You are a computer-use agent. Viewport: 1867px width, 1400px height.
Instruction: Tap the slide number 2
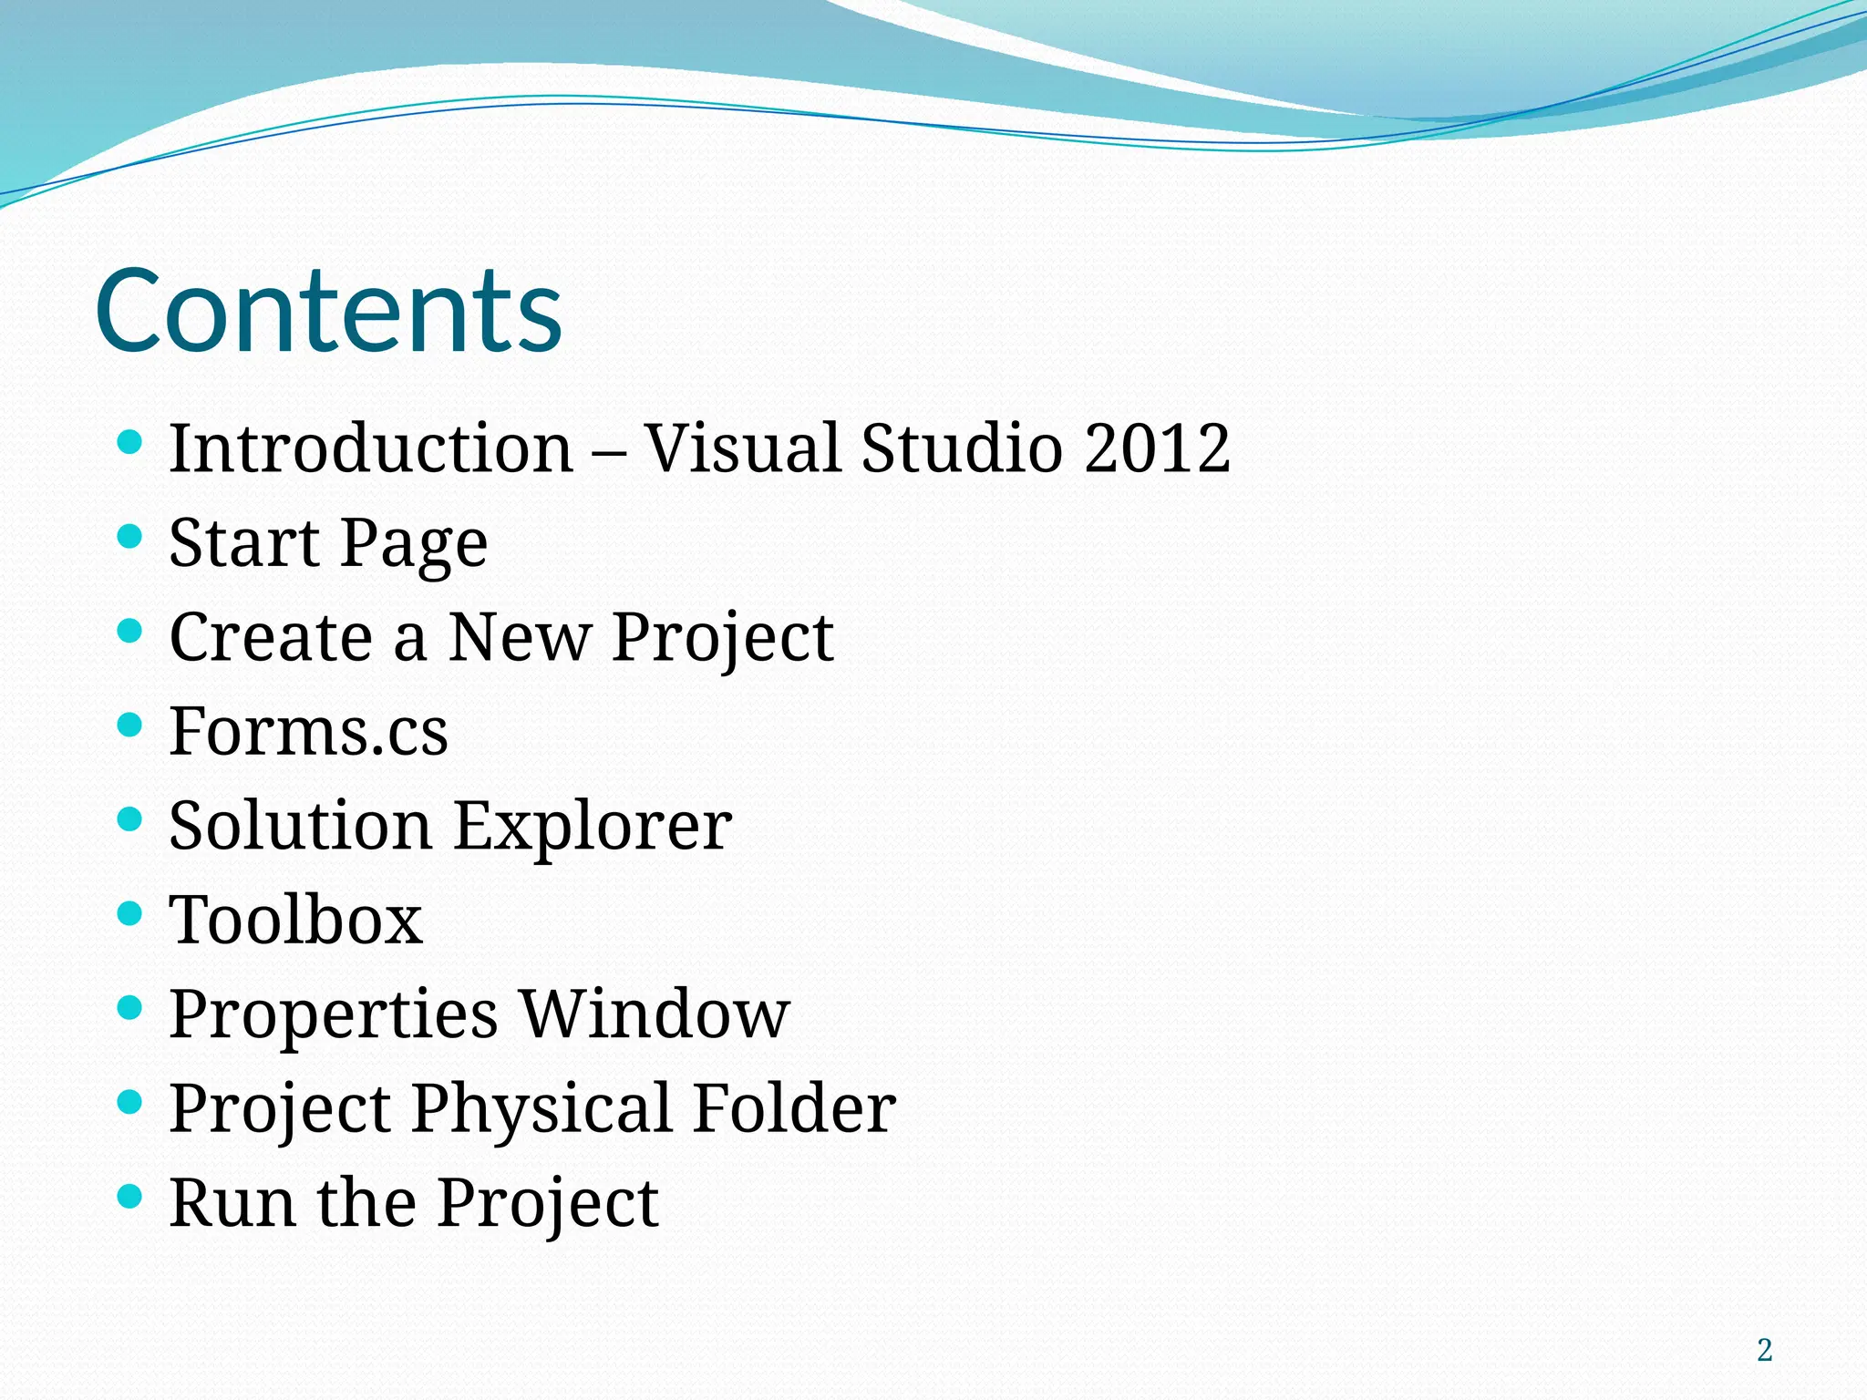click(x=1764, y=1350)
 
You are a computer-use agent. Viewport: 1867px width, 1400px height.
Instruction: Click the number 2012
click(x=1157, y=448)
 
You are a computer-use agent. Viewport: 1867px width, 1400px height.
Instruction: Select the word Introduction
click(x=371, y=448)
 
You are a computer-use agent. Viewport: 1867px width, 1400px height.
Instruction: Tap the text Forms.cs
click(x=308, y=732)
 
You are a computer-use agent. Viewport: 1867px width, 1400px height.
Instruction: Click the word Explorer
click(x=593, y=827)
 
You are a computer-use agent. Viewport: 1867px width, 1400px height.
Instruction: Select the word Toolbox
click(x=296, y=920)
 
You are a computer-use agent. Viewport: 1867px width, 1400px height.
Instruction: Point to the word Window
click(x=655, y=1014)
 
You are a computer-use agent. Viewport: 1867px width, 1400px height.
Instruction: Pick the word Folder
click(x=794, y=1108)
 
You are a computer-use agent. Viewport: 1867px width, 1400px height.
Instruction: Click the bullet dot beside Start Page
click(x=130, y=537)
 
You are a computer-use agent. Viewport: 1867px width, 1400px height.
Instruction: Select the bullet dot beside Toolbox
click(x=130, y=913)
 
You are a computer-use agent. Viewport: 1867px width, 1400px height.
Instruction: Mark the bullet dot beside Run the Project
click(x=130, y=1196)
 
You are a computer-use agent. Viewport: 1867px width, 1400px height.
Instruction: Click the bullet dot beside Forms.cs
click(x=130, y=726)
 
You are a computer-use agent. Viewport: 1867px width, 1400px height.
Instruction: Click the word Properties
click(x=334, y=1015)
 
